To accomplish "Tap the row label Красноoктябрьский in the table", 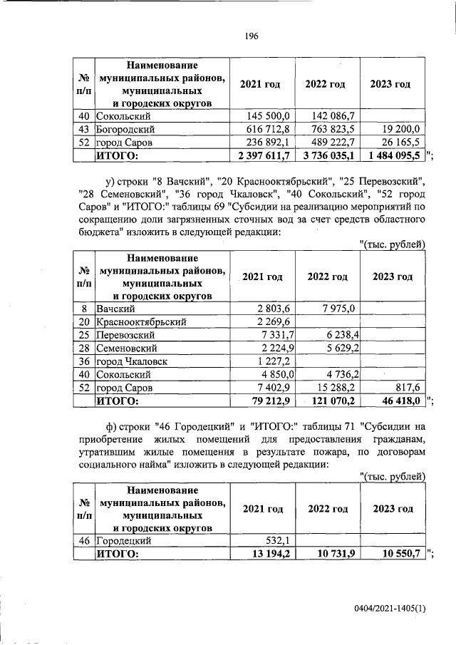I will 142,322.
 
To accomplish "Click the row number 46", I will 84,541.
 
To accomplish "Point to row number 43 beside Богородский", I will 84,129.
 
